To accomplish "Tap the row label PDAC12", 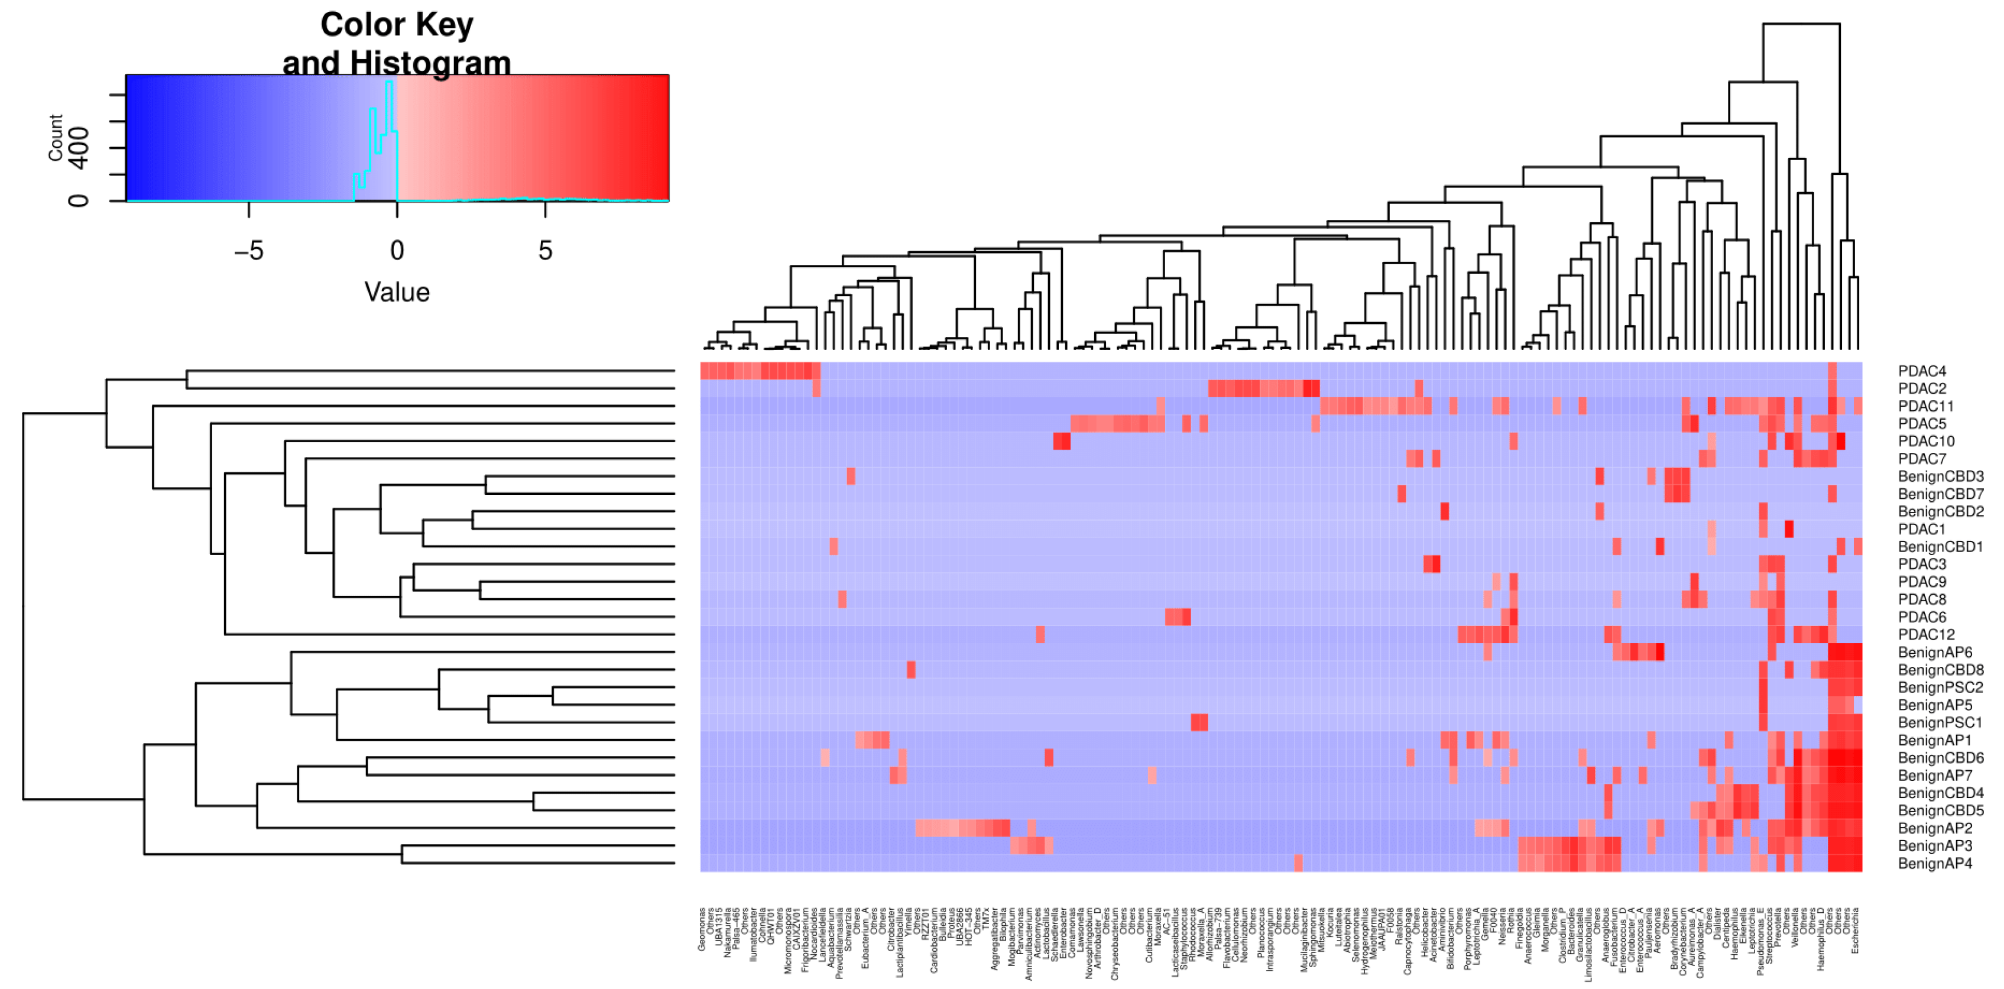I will click(1925, 634).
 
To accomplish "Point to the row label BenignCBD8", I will click(1940, 670).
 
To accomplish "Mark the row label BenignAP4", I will click(1935, 863).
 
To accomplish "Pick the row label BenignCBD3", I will click(1940, 476).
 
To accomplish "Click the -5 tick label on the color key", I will click(249, 251).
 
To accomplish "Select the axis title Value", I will click(397, 293).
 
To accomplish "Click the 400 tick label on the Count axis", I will click(79, 148).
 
